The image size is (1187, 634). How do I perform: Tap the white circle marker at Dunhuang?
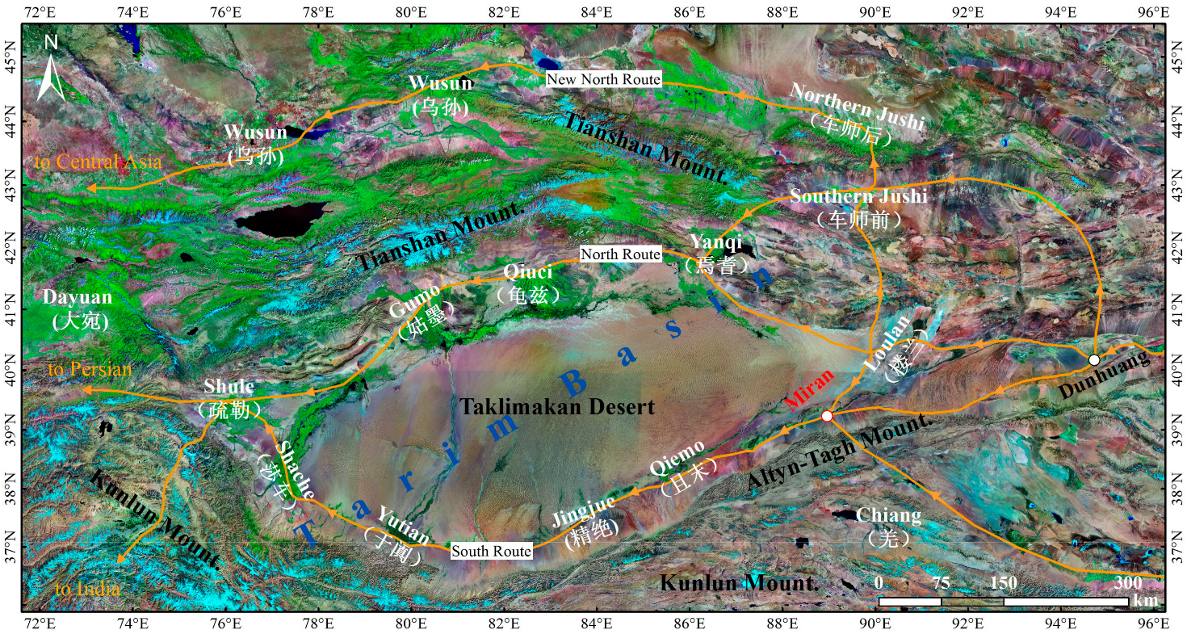coord(1093,359)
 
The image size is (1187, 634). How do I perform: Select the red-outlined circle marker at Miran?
coord(826,416)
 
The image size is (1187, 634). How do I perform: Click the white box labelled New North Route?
coord(604,79)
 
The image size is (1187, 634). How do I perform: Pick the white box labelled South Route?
coord(492,551)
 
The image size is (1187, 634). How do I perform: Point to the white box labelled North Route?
coord(621,254)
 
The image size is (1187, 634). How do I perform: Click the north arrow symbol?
coord(52,68)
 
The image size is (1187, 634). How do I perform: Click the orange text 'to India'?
coord(88,589)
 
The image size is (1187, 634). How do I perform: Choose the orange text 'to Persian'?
coord(89,370)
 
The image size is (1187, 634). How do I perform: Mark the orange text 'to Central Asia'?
coord(98,162)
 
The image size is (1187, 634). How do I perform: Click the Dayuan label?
coord(78,308)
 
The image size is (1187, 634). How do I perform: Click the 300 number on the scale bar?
coord(1128,583)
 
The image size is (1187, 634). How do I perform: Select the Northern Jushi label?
coord(856,115)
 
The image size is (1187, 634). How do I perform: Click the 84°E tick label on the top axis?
coord(597,12)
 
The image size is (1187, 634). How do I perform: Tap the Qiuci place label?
coord(530,283)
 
